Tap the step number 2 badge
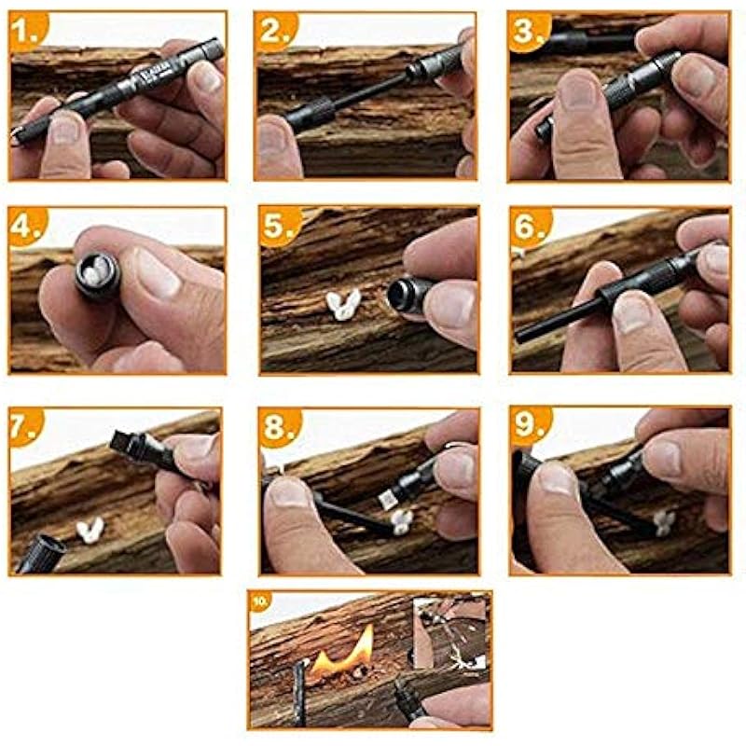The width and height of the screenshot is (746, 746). pos(277,31)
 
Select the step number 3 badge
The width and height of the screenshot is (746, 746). pos(529,32)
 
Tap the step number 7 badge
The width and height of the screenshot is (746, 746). pos(26,426)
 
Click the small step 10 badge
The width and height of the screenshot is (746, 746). pos(260,601)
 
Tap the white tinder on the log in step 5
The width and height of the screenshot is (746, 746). pos(343,305)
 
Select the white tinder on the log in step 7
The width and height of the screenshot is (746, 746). pos(90,530)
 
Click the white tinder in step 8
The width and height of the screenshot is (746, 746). pos(403,521)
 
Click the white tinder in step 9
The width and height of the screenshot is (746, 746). pos(664,522)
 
